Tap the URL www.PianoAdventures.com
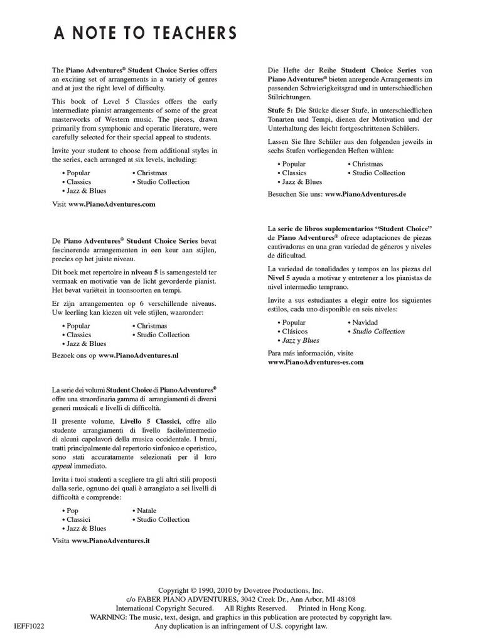click(x=111, y=204)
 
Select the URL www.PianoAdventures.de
click(x=365, y=194)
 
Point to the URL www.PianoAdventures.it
click(x=110, y=539)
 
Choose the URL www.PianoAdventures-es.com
click(x=316, y=362)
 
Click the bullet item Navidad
click(x=365, y=322)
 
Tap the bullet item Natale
click(x=146, y=511)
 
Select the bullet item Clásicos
click(x=294, y=331)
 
